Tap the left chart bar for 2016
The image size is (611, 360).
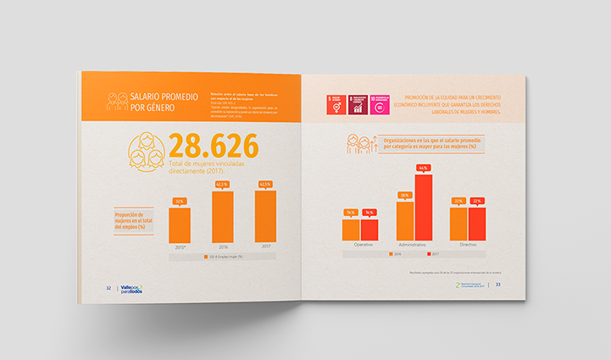(x=222, y=217)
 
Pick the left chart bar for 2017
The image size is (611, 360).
(x=264, y=216)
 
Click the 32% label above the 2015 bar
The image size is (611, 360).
(x=180, y=202)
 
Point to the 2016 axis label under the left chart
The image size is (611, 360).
(x=222, y=247)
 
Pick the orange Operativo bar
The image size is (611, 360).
(x=351, y=229)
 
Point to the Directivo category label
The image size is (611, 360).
(x=467, y=245)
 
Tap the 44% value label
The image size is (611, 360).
(x=424, y=168)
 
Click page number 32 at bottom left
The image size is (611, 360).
(x=108, y=288)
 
